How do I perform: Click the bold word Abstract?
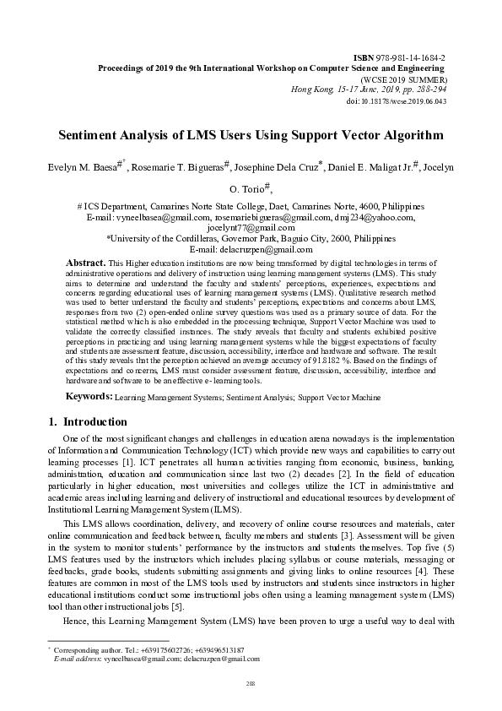pyautogui.click(x=86, y=263)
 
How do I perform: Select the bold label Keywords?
pyautogui.click(x=89, y=396)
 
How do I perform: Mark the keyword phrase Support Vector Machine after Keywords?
pyautogui.click(x=343, y=397)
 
